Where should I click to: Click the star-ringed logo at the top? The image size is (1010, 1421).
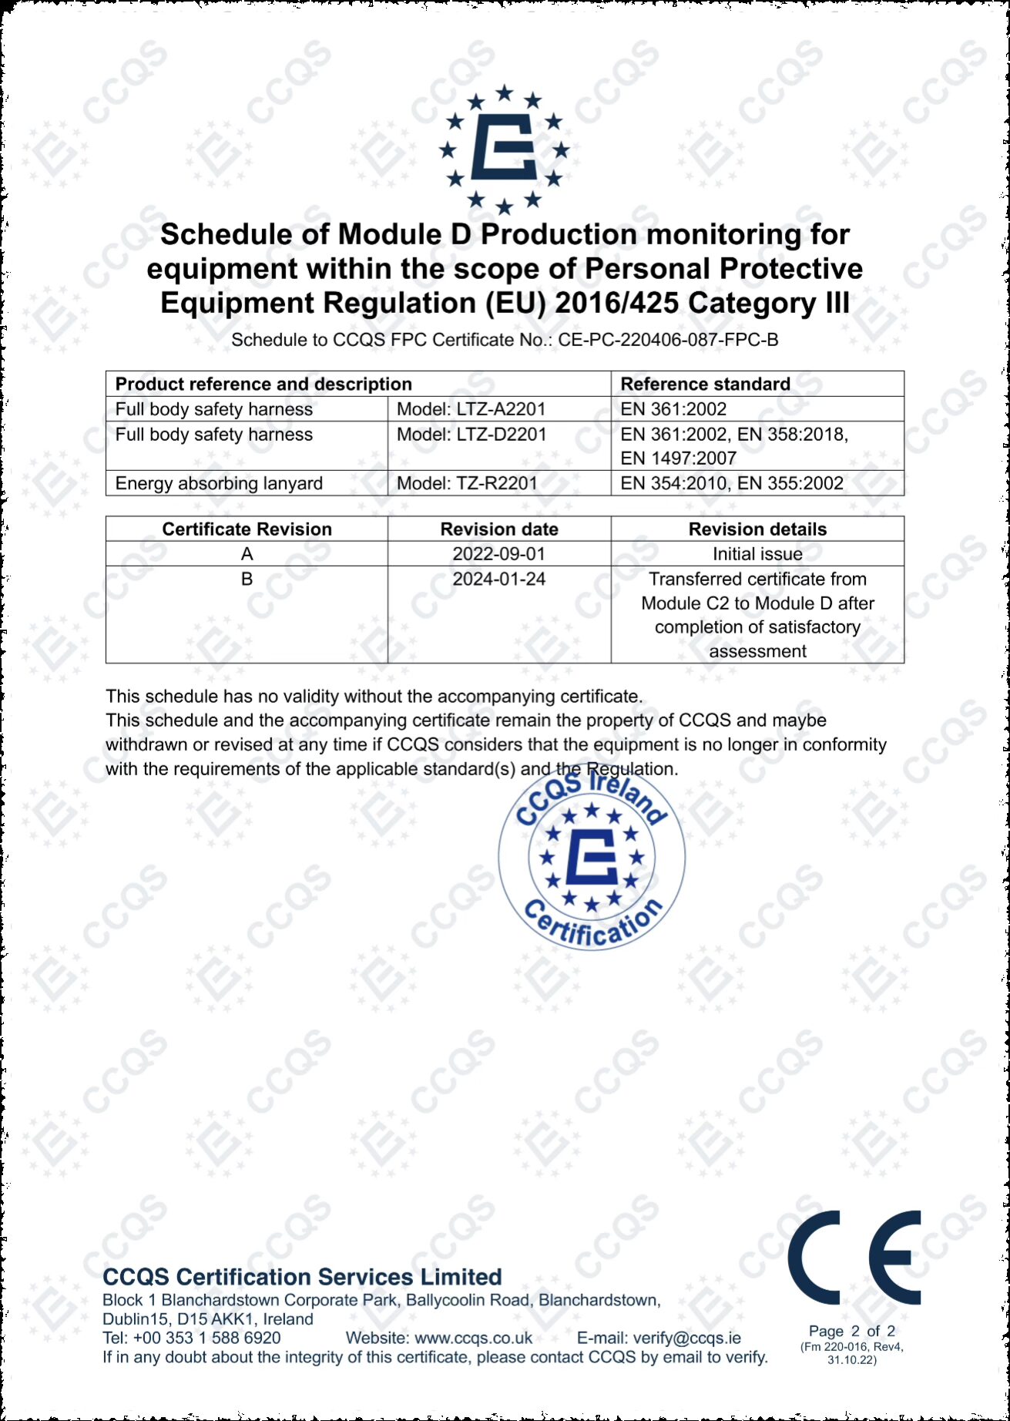pyautogui.click(x=504, y=149)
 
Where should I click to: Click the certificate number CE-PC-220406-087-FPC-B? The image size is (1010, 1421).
pyautogui.click(x=668, y=340)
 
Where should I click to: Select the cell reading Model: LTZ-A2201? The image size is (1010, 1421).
pyautogui.click(x=471, y=409)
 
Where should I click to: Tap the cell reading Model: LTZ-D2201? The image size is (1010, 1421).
pyautogui.click(x=471, y=435)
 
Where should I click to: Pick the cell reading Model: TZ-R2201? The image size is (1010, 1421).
pyautogui.click(x=466, y=483)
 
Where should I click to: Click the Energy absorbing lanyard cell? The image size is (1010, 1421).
pyautogui.click(x=219, y=483)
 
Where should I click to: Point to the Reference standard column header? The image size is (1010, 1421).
pyautogui.click(x=705, y=384)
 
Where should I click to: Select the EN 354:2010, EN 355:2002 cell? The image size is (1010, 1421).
pyautogui.click(x=732, y=483)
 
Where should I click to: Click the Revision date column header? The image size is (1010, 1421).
pyautogui.click(x=499, y=529)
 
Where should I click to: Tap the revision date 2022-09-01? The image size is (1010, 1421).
pyautogui.click(x=499, y=554)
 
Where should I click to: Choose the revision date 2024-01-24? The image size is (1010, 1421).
pyautogui.click(x=499, y=579)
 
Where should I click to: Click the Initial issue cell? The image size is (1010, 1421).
pyautogui.click(x=757, y=554)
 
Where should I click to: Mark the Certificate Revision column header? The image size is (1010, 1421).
pyautogui.click(x=247, y=529)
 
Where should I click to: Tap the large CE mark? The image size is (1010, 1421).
pyautogui.click(x=854, y=1257)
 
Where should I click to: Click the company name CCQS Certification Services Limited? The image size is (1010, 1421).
pyautogui.click(x=302, y=1277)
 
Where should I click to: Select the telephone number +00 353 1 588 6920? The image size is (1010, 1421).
pyautogui.click(x=206, y=1338)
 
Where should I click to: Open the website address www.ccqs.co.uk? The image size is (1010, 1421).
pyautogui.click(x=473, y=1338)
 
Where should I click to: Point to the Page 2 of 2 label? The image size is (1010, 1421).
pyautogui.click(x=851, y=1331)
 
